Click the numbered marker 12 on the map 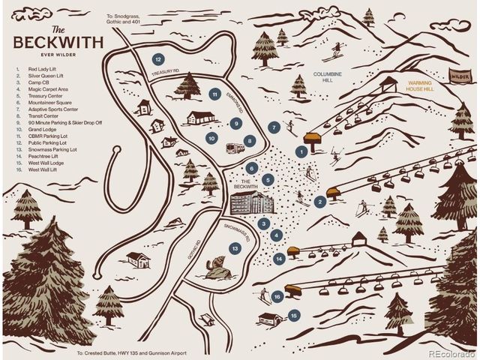coord(157,58)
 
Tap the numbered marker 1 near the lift coord(301,151)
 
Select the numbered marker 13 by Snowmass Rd coord(235,248)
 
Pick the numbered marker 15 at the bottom coord(293,315)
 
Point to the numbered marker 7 coord(274,127)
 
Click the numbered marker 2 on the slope coord(319,201)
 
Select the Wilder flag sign coord(459,76)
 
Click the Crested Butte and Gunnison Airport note coord(131,352)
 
